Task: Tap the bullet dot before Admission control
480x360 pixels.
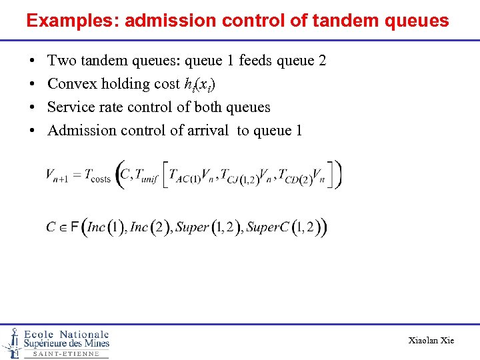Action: pos(33,131)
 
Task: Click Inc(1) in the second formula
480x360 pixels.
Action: pos(105,227)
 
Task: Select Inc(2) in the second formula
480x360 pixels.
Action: pos(149,227)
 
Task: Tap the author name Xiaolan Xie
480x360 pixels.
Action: pos(431,341)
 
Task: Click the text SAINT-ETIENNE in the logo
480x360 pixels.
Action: pos(65,354)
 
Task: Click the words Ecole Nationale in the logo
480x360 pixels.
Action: pos(66,334)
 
